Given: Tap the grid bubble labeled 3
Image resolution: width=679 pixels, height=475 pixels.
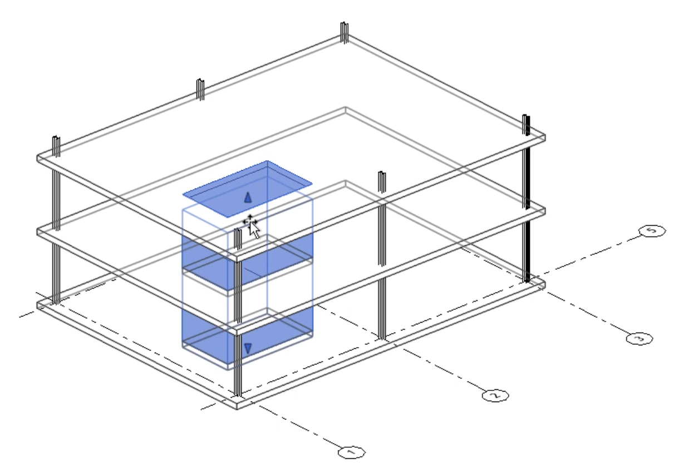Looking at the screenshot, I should [638, 338].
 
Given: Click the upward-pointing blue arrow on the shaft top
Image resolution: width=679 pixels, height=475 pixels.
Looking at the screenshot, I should [248, 196].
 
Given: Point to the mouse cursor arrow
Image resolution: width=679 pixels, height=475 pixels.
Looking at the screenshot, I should [253, 228].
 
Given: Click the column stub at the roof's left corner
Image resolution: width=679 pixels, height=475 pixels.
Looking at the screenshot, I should [56, 146].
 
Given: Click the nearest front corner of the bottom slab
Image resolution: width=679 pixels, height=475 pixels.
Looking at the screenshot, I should [238, 405].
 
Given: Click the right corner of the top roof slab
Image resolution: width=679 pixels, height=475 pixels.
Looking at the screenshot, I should [544, 136].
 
